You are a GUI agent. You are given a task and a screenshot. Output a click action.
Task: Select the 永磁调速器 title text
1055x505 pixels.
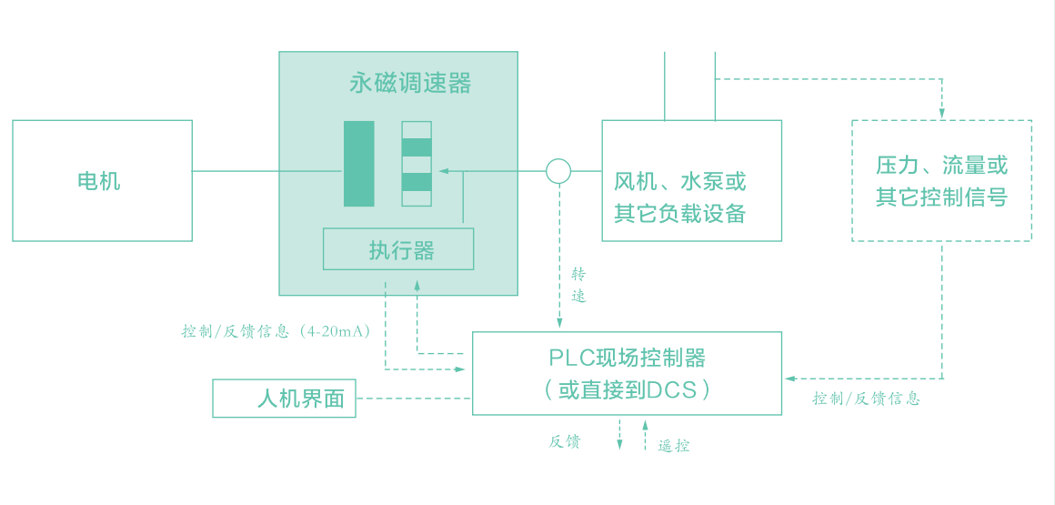pos(410,84)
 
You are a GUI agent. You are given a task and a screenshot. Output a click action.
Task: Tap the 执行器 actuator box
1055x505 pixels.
pos(398,249)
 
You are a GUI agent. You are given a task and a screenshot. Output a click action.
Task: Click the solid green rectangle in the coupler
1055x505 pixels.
pos(359,164)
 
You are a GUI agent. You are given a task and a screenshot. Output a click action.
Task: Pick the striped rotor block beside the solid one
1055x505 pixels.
pos(417,164)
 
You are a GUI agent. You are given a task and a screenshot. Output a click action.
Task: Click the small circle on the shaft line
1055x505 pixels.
pos(558,170)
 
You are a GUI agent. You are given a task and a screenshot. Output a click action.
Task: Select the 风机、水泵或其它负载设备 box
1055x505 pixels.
pos(691,180)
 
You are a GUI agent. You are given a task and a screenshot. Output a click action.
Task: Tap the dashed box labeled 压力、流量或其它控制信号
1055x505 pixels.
pos(941,180)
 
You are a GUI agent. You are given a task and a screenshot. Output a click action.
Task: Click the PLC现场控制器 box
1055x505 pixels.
pos(627,373)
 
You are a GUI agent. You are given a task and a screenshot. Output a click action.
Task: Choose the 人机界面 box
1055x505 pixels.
pos(284,399)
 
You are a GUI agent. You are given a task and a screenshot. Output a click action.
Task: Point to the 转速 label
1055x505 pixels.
pos(578,285)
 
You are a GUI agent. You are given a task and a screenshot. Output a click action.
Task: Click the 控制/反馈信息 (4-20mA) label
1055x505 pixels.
pos(276,332)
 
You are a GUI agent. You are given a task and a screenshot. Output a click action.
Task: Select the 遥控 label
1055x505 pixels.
pos(674,446)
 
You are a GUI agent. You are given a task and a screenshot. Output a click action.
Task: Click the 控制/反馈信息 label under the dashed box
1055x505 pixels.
pos(866,399)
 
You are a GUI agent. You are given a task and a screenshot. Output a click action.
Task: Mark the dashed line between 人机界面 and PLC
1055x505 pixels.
pos(414,399)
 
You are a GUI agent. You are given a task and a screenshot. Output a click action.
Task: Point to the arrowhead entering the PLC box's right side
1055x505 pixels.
pos(789,378)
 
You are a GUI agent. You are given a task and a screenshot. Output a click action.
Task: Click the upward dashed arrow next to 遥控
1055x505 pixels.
pos(645,435)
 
